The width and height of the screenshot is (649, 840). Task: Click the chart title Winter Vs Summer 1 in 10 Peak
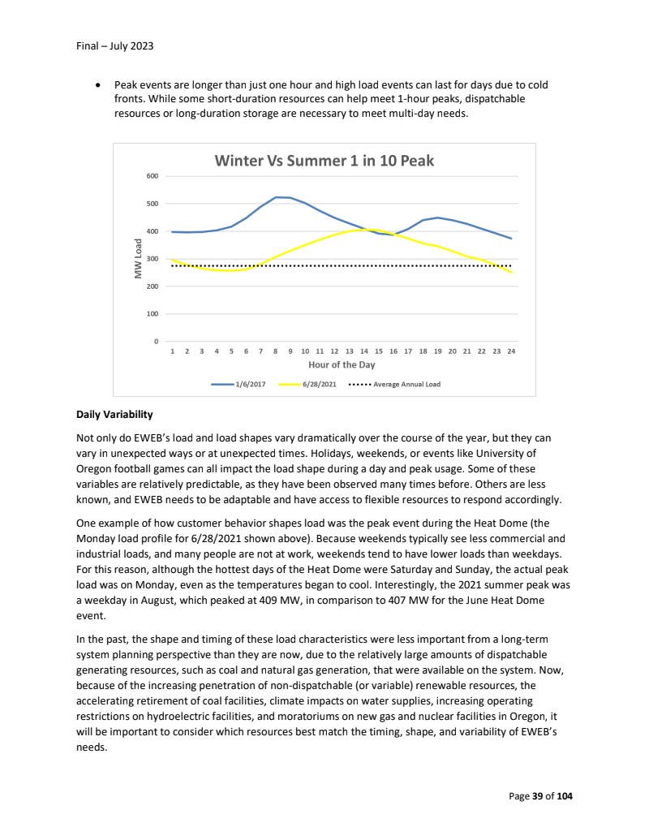tap(324, 161)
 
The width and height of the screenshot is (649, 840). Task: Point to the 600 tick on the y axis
tap(152, 175)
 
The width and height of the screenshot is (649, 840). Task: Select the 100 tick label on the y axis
tap(152, 313)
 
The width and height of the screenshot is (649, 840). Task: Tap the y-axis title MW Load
tap(138, 259)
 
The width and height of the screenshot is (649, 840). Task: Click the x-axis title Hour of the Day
tap(342, 365)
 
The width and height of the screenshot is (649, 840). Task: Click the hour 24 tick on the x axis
tap(511, 351)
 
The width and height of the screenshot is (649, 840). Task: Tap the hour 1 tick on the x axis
tap(172, 351)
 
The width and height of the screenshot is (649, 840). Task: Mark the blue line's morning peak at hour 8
tap(276, 197)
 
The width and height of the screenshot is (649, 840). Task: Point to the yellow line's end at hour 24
tap(511, 272)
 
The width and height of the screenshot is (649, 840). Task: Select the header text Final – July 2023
tap(114, 45)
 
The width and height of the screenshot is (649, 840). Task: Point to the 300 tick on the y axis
tap(152, 259)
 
